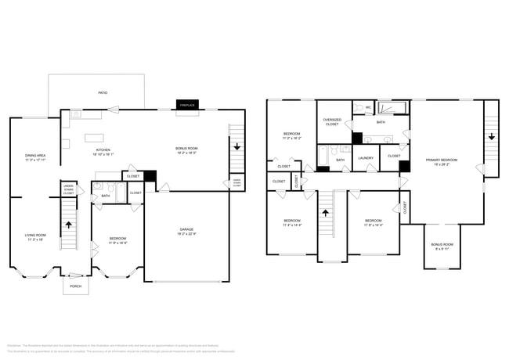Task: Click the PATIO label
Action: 103,92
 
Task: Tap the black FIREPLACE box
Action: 186,105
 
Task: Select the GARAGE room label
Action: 187,229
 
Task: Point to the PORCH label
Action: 77,286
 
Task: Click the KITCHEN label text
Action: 103,149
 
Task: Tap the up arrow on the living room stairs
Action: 69,225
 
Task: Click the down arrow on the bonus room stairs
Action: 236,146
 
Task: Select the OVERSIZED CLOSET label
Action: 334,122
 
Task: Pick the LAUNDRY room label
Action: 366,158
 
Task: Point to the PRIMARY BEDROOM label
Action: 441,160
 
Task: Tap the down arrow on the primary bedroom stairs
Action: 491,137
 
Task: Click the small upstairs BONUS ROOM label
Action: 442,245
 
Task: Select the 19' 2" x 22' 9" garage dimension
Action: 187,234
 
